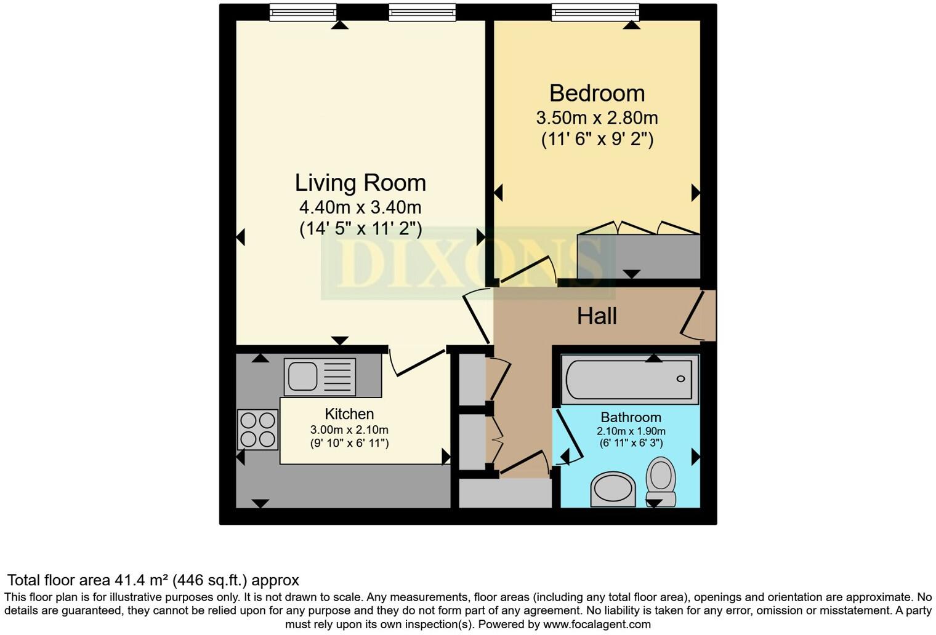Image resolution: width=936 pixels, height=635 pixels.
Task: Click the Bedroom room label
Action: pyautogui.click(x=597, y=94)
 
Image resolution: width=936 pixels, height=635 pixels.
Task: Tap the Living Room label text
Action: pyautogui.click(x=360, y=183)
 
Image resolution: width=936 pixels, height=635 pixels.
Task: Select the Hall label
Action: pyautogui.click(x=597, y=316)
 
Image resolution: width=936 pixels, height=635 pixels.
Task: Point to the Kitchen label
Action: pyautogui.click(x=349, y=414)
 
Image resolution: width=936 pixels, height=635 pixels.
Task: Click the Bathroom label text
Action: pyautogui.click(x=631, y=417)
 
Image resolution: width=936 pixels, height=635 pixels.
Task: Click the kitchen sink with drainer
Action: pyautogui.click(x=320, y=377)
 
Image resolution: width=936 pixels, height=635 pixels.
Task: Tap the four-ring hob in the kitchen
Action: pyautogui.click(x=257, y=429)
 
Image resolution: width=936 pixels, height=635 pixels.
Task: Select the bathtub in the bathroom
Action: pyautogui.click(x=631, y=380)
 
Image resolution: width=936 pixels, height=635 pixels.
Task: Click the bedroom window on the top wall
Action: pyautogui.click(x=595, y=12)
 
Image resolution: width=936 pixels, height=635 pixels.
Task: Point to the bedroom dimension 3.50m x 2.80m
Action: pyautogui.click(x=597, y=118)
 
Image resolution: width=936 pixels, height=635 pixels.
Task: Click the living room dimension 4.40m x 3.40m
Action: pyautogui.click(x=360, y=207)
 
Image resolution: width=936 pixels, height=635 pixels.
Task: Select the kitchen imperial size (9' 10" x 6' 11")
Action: pyautogui.click(x=349, y=443)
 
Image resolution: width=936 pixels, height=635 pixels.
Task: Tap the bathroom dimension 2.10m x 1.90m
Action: pyautogui.click(x=631, y=431)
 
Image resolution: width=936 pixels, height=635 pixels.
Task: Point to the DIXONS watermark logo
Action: pyautogui.click(x=468, y=263)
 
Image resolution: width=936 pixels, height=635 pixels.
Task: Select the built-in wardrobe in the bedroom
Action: pyautogui.click(x=639, y=256)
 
